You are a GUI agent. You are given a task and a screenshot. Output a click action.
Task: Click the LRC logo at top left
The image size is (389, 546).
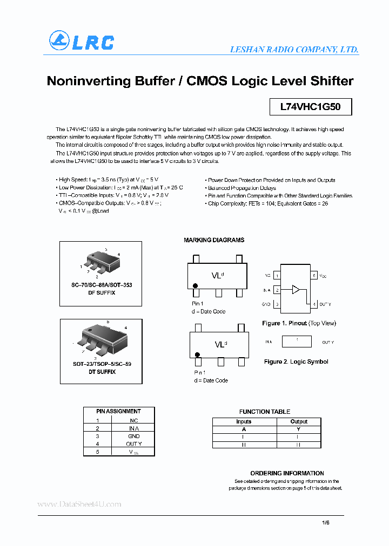[82, 42]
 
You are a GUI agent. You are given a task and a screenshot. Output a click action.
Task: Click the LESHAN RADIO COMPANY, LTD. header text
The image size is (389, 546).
[294, 50]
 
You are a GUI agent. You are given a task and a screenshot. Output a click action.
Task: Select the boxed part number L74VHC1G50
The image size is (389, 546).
[310, 107]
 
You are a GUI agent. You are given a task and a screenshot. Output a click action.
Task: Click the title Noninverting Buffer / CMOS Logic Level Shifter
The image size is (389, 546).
[200, 81]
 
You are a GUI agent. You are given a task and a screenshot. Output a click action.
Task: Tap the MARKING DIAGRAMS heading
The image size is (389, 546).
[214, 240]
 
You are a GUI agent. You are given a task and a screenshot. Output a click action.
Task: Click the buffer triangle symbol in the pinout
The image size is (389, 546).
[296, 290]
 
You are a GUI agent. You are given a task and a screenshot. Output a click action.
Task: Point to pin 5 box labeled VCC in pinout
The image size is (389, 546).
[314, 276]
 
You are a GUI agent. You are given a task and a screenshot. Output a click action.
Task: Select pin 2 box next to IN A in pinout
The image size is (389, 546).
[277, 290]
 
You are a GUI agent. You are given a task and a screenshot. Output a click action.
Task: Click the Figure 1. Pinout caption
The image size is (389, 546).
[299, 323]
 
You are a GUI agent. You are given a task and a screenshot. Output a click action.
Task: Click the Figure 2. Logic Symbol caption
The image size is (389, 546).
[296, 361]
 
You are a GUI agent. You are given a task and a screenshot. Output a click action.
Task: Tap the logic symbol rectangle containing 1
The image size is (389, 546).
[297, 342]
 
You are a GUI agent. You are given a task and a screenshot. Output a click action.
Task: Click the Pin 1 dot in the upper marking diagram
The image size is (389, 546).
[196, 285]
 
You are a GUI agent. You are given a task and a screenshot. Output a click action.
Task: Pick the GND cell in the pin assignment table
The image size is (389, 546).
[134, 436]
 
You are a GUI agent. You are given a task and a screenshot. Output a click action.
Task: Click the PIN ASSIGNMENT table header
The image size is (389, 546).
[118, 411]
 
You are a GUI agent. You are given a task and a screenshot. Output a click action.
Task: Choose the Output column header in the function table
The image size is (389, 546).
[298, 421]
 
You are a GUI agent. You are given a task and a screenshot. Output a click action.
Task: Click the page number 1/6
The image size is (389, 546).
[325, 522]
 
